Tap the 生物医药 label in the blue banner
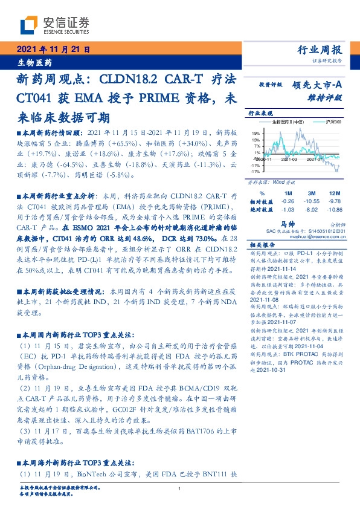[x=34, y=62]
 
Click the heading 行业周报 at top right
[x=320, y=50]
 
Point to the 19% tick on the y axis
[x=256, y=133]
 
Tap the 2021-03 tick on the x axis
[x=288, y=160]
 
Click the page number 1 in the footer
[x=179, y=488]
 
